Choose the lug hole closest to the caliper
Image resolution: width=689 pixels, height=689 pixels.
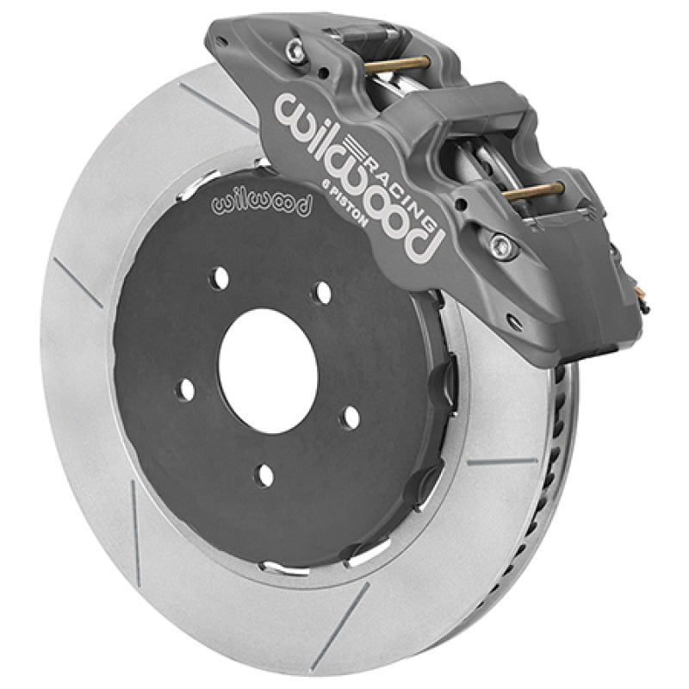tap(323, 293)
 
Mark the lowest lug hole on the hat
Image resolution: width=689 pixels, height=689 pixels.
tap(265, 475)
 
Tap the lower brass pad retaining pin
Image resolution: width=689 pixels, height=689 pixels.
tap(534, 190)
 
